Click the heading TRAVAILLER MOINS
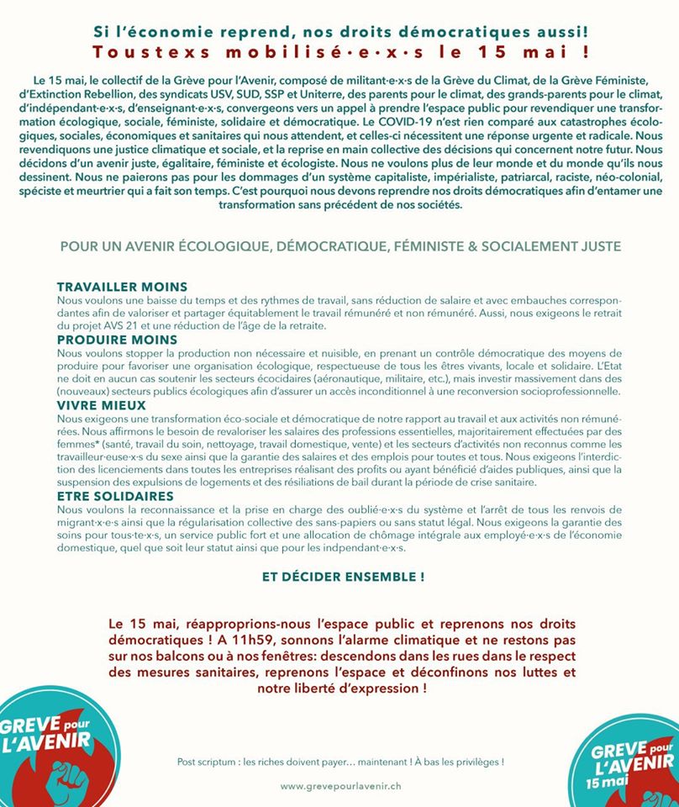pos(122,287)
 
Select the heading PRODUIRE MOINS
pos(117,340)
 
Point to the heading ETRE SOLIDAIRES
pos(115,496)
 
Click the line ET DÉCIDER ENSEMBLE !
pos(343,578)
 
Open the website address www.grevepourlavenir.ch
pos(341,786)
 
